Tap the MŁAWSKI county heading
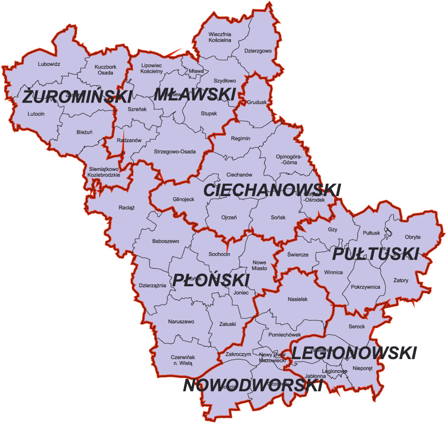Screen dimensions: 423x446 194,94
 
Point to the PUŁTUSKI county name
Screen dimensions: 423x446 375,254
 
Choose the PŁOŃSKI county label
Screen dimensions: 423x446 211,280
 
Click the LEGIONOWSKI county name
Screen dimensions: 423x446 353,353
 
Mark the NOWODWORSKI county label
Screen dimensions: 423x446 253,385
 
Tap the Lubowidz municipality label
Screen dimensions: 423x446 49,64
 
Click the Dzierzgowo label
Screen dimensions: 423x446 258,50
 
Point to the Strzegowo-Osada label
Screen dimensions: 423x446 175,152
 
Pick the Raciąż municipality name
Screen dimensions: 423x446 127,208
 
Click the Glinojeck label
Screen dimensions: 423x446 183,199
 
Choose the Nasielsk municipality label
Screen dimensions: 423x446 298,299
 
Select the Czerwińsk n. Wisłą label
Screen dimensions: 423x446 181,360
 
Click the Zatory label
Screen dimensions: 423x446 401,280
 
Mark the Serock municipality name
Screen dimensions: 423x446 356,326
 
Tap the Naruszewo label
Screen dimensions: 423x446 181,321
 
